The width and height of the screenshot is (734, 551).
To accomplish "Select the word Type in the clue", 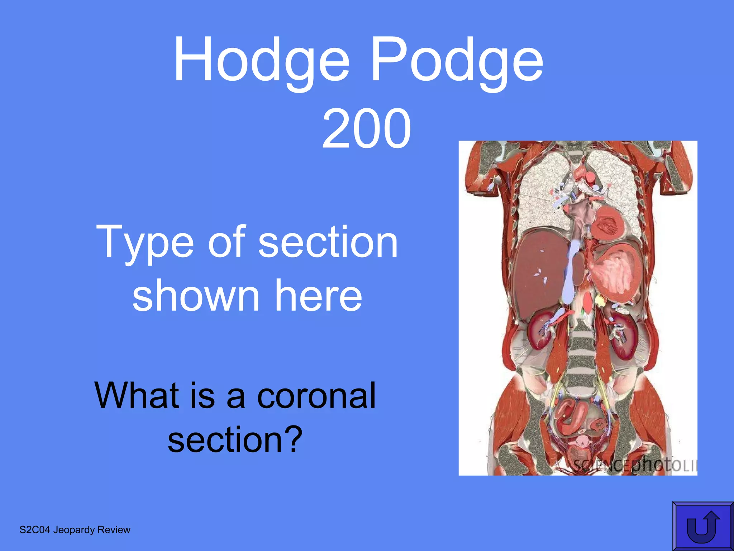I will point(145,242).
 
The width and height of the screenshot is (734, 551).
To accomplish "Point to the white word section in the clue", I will point(328,242).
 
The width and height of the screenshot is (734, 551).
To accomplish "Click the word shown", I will point(196,296).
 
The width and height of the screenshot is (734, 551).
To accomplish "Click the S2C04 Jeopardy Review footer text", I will point(75,530).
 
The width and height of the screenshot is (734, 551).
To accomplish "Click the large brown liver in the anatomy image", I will point(538,273).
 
